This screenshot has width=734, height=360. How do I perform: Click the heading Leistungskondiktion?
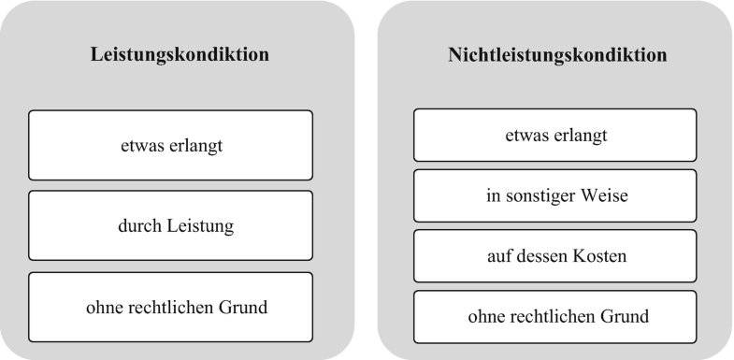tap(180, 54)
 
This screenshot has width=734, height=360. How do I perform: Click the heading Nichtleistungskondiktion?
tap(557, 54)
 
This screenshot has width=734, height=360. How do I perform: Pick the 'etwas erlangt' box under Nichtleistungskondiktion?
tap(557, 135)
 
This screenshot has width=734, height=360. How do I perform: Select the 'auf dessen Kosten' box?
tap(557, 255)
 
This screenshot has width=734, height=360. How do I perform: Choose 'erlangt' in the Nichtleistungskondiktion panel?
tap(582, 135)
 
